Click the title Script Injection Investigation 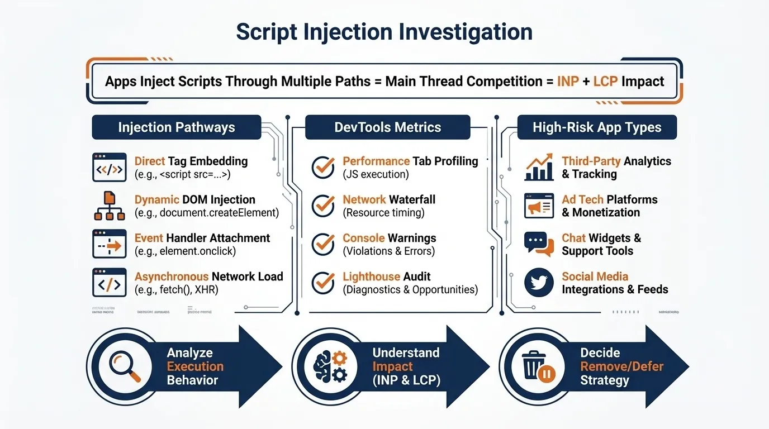pyautogui.click(x=384, y=32)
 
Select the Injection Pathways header pyautogui.click(x=176, y=127)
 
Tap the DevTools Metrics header pyautogui.click(x=387, y=127)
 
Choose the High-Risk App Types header pyautogui.click(x=597, y=127)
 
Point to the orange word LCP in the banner pyautogui.click(x=605, y=82)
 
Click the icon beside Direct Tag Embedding pyautogui.click(x=109, y=168)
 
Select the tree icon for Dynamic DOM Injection pyautogui.click(x=109, y=206)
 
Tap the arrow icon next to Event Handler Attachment pyautogui.click(x=109, y=244)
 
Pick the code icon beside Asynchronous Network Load pyautogui.click(x=109, y=283)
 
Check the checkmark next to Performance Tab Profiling pyautogui.click(x=323, y=168)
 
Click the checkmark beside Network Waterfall pyautogui.click(x=323, y=206)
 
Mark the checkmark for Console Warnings pyautogui.click(x=323, y=244)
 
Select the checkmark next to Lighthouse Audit pyautogui.click(x=323, y=283)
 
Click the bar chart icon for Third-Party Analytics pyautogui.click(x=539, y=168)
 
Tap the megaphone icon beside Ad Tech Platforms pyautogui.click(x=539, y=206)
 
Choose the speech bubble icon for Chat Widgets pyautogui.click(x=539, y=244)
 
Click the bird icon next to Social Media pyautogui.click(x=539, y=283)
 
